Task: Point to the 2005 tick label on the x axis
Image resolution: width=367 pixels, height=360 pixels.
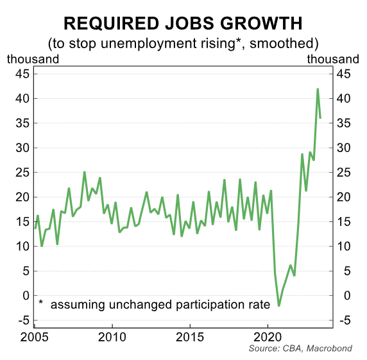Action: pos(33,336)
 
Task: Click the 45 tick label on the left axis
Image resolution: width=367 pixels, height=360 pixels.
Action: pos(22,74)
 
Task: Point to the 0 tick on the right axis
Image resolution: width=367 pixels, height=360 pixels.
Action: pos(342,295)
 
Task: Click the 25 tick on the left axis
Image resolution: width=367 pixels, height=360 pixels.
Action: pos(22,172)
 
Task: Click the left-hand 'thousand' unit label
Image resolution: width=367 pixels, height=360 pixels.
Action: pos(33,59)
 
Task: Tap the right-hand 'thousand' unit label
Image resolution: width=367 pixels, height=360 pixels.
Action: pos(333,59)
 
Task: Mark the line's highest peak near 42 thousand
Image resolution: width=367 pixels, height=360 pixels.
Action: pos(318,89)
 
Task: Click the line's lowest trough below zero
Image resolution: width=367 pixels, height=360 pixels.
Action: pos(278,305)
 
